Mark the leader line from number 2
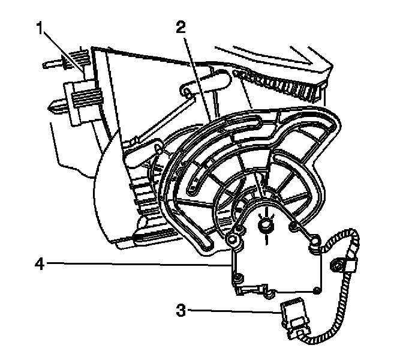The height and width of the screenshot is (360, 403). [x=196, y=72]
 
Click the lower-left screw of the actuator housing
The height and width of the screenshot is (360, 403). [x=239, y=278]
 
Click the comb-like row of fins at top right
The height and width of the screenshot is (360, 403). [x=294, y=85]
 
